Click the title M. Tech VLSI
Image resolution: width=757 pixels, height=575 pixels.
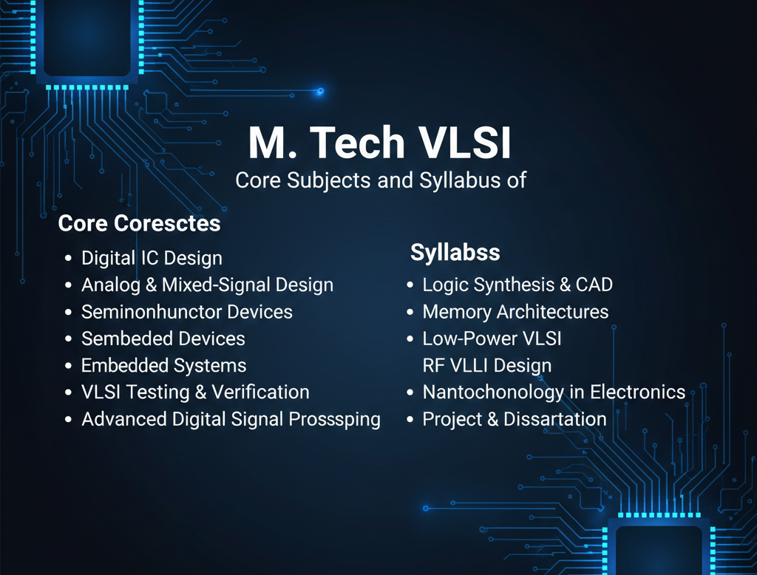(x=379, y=143)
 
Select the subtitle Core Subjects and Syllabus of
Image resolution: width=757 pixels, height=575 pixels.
(x=380, y=180)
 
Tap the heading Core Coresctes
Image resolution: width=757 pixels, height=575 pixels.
(x=139, y=223)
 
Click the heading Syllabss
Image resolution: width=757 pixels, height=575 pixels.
(x=455, y=253)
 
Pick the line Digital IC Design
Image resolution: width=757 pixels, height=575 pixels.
(x=152, y=259)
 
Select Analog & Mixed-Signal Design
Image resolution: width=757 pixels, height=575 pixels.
(x=207, y=285)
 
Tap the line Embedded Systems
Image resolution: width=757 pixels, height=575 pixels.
(x=163, y=366)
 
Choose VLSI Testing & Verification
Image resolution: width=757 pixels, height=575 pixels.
(x=195, y=392)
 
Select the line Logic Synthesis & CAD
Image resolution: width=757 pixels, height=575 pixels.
(x=517, y=285)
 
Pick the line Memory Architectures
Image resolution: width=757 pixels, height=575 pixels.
(x=515, y=312)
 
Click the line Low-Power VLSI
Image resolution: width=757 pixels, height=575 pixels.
(x=492, y=339)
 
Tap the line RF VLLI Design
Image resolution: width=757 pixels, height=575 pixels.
(x=486, y=366)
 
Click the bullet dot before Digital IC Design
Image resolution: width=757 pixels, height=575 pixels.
(x=68, y=259)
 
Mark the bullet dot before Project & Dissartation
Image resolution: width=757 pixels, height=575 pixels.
(x=410, y=420)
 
